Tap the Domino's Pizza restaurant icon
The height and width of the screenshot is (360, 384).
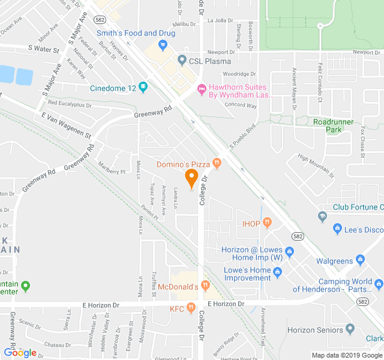[217, 163]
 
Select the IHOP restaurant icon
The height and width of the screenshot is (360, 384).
[267, 223]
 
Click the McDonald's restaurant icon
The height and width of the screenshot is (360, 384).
[206, 286]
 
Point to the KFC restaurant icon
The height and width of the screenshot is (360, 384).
[191, 308]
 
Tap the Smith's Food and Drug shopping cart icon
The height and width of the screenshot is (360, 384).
[162, 45]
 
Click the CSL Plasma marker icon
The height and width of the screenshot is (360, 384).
[182, 60]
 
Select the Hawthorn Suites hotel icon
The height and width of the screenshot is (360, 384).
[202, 90]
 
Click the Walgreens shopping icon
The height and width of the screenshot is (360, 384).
[360, 260]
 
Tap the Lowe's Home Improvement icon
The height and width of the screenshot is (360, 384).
[277, 274]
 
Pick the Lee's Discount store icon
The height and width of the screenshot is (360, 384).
[338, 229]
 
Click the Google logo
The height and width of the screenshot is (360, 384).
[20, 353]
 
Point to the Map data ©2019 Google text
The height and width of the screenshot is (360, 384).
[346, 355]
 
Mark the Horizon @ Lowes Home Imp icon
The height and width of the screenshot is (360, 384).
[289, 251]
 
